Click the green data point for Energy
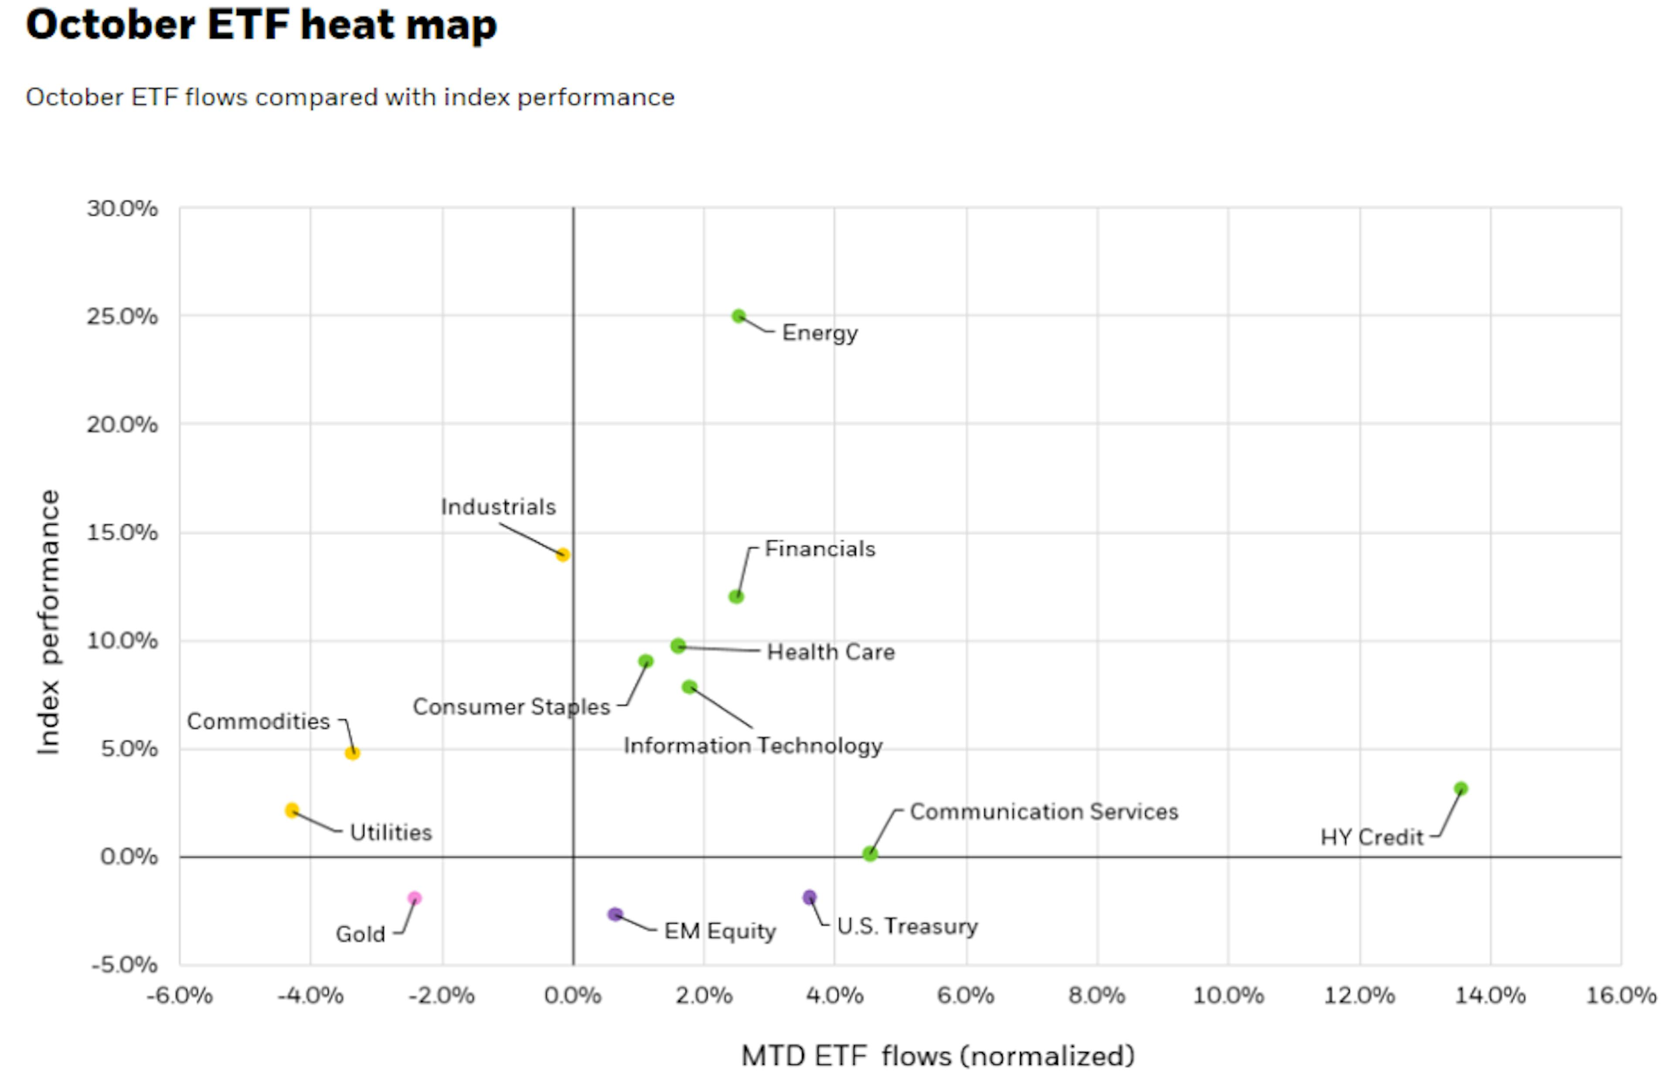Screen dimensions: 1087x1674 tap(738, 316)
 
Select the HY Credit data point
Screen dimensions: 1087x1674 tap(1461, 789)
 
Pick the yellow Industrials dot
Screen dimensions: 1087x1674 tap(563, 555)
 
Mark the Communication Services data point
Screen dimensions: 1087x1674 tap(870, 853)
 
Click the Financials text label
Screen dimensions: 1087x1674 tap(820, 549)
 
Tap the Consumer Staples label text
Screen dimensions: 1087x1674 tap(511, 707)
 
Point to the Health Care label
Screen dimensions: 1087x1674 tap(830, 652)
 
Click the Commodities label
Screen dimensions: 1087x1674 tap(258, 721)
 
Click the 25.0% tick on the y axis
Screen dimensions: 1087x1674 tap(122, 316)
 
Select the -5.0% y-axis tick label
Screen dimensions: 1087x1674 tap(125, 964)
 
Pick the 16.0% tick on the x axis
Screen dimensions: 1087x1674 tap(1620, 995)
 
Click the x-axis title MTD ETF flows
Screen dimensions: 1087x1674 tap(938, 1056)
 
